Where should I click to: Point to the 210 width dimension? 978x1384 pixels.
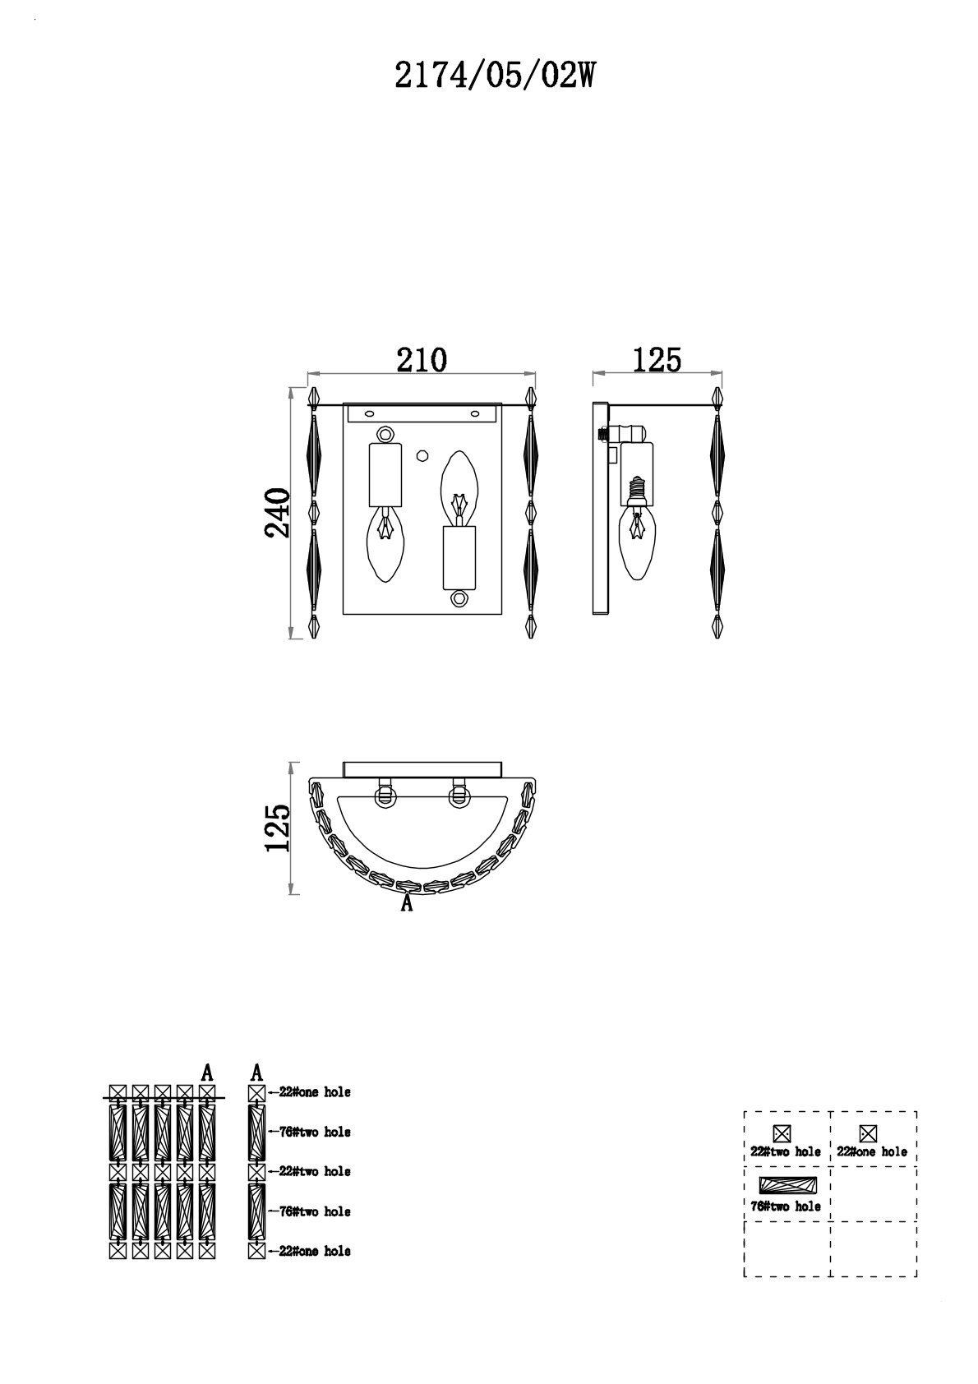click(422, 360)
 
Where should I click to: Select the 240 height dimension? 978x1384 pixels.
click(278, 513)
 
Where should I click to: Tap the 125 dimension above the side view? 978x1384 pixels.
click(657, 360)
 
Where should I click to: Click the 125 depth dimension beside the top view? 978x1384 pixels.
click(278, 828)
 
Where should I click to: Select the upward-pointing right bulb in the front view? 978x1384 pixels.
click(459, 489)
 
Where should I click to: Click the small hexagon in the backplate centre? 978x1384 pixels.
click(422, 454)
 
